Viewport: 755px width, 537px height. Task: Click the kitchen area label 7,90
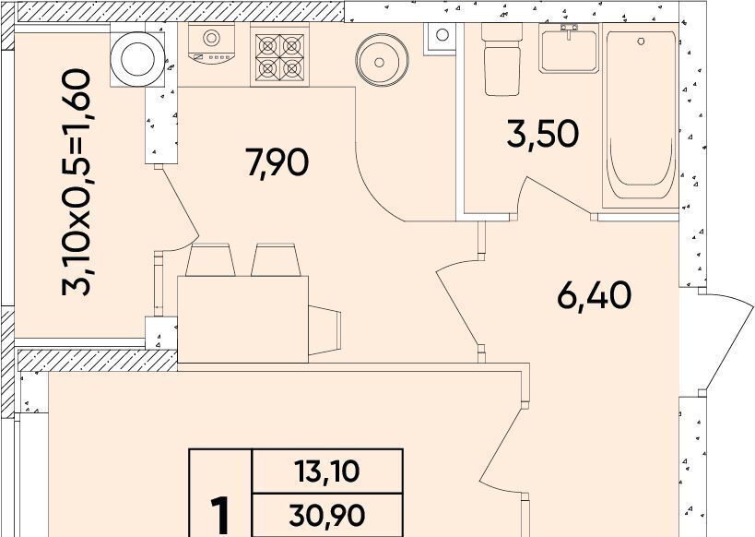277,162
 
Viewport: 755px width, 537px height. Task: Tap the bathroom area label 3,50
543,134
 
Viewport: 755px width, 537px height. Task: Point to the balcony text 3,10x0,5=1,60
77,182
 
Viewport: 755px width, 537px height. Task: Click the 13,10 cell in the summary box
327,471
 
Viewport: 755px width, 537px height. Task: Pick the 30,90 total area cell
327,515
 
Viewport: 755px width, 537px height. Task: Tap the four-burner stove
279,55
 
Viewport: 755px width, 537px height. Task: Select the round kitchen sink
382,60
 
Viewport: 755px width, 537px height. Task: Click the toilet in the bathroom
501,59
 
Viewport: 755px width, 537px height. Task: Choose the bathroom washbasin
569,48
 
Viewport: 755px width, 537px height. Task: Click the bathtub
641,115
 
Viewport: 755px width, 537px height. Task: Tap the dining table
242,319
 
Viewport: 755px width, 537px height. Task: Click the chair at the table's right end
324,330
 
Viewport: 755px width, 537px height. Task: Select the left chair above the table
210,260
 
